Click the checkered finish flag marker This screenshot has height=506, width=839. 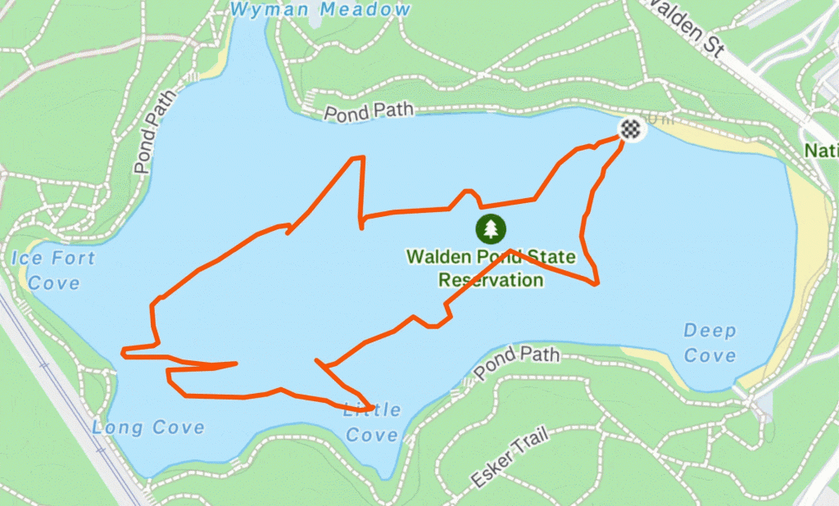click(x=629, y=128)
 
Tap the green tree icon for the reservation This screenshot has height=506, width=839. click(x=491, y=228)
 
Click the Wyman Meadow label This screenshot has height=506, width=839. click(x=320, y=10)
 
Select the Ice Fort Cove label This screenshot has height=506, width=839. click(x=54, y=271)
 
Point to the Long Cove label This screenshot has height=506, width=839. click(x=148, y=427)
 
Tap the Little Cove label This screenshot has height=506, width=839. click(x=373, y=422)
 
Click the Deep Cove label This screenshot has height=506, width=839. click(x=710, y=343)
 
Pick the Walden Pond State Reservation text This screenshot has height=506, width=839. click(x=491, y=269)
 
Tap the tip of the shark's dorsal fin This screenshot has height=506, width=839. click(x=359, y=157)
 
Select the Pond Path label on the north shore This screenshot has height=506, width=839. click(x=368, y=112)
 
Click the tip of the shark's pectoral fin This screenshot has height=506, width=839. click(x=373, y=407)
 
